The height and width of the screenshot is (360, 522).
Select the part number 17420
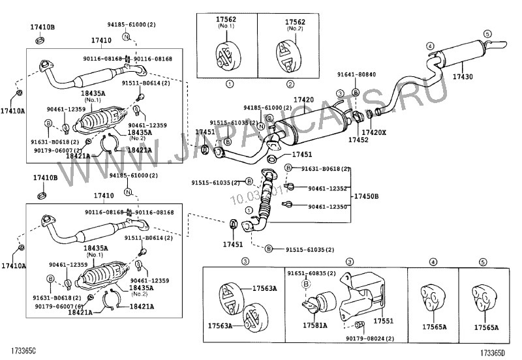pos(303,100)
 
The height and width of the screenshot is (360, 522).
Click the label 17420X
pos(374,132)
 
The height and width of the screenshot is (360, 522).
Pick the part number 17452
pos(358,140)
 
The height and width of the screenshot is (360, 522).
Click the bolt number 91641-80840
pos(356,74)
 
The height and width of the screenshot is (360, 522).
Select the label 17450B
pos(366,196)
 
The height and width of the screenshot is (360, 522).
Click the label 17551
pos(383,322)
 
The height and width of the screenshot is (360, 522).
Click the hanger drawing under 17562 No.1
pos(225,55)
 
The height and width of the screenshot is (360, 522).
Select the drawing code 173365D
pos(495,352)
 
